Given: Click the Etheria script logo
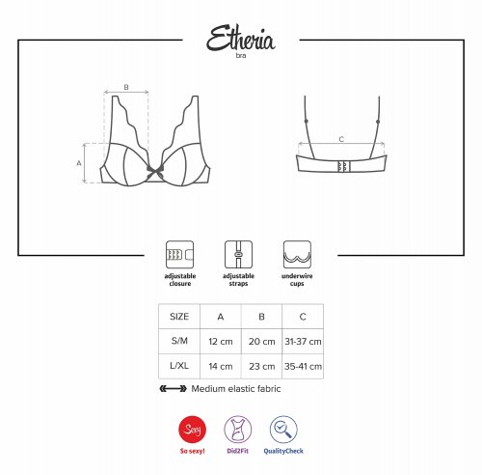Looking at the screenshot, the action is [241, 38].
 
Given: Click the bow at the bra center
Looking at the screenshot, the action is [155, 172].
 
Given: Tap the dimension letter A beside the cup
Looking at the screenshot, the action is [79, 163].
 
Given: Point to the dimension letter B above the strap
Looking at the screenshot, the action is [126, 87].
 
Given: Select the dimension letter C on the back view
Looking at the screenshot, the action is [341, 139].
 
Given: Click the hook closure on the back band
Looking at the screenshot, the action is [343, 166].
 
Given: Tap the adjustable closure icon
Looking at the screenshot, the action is [179, 255].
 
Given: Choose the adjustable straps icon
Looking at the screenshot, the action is [238, 255].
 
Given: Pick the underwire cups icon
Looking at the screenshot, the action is [297, 255].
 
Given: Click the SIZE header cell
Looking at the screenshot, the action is [179, 317].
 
